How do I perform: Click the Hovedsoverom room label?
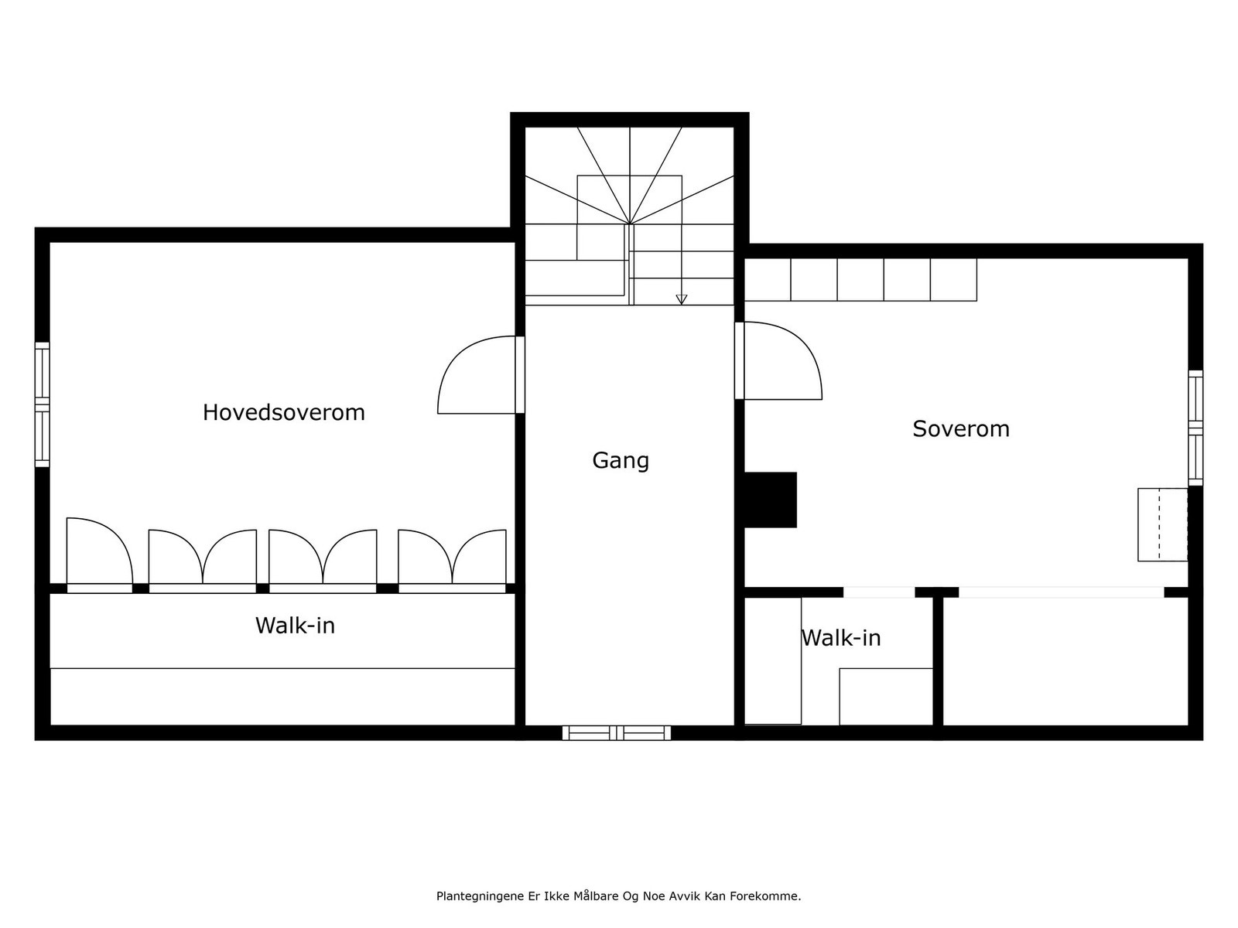(283, 412)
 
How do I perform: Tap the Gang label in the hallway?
(621, 460)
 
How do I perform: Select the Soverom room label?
(960, 428)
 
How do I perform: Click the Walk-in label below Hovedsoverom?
(295, 625)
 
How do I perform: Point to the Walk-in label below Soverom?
(841, 637)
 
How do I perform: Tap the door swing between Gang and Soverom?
(779, 361)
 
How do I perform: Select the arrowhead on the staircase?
(681, 299)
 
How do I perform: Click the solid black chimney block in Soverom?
(770, 500)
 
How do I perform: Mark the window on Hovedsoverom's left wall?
(42, 404)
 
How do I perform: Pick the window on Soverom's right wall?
(1195, 428)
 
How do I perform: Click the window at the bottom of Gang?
(616, 732)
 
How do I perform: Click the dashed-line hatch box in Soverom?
(1162, 524)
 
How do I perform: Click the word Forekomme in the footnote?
(771, 896)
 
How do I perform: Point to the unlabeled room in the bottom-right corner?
(1065, 661)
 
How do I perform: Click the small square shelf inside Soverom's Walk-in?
(885, 696)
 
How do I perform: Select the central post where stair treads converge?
(630, 224)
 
